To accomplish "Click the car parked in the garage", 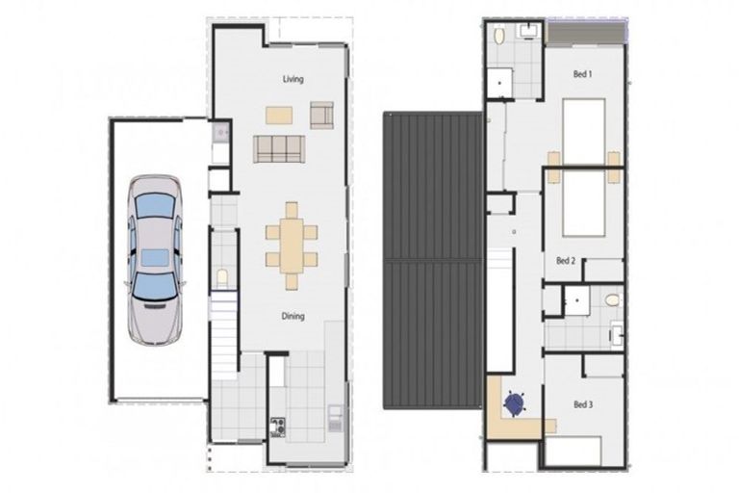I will [154, 257].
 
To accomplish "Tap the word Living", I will [293, 79].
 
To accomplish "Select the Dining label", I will [293, 316].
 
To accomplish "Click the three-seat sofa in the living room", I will [279, 148].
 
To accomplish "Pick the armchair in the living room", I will [321, 115].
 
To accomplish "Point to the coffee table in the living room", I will [279, 115].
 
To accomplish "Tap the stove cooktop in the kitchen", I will [277, 426].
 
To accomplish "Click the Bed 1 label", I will [583, 74].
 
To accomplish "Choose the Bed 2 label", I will [566, 260].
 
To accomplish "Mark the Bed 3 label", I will [583, 405].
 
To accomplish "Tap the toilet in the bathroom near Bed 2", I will [613, 300].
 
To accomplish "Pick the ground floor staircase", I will [223, 337].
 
